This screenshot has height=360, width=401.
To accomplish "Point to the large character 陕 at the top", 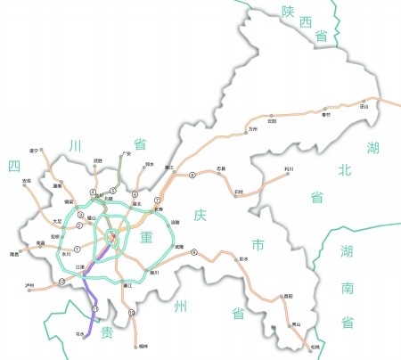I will pyautogui.click(x=288, y=12).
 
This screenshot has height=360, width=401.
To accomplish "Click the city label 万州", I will pyautogui.click(x=252, y=129).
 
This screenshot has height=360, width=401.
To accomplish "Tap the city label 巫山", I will pyautogui.click(x=364, y=106).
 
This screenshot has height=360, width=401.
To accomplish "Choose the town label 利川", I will pyautogui.click(x=288, y=168).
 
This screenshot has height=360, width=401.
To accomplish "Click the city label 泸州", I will pyautogui.click(x=31, y=286).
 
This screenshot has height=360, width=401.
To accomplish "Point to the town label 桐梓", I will pyautogui.click(x=142, y=346).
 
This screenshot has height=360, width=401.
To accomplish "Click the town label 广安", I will pyautogui.click(x=127, y=153).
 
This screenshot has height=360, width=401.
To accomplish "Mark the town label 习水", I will pyautogui.click(x=80, y=332).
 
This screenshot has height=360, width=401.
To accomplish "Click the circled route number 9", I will pyautogui.click(x=193, y=252).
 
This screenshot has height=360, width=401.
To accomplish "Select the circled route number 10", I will pyautogui.click(x=132, y=313).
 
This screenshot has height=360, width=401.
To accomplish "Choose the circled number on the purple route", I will pyautogui.click(x=94, y=308).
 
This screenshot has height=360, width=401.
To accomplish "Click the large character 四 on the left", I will pyautogui.click(x=14, y=166).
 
